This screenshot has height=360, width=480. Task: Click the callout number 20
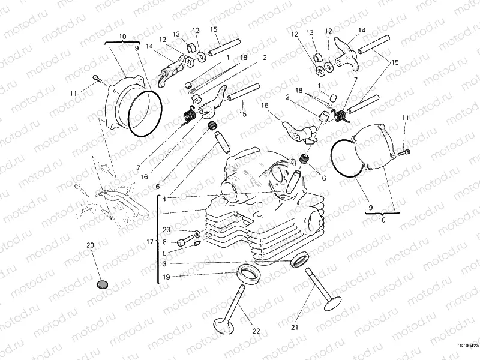click(91, 245)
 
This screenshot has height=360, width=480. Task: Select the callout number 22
click(256, 331)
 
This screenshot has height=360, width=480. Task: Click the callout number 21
click(295, 328)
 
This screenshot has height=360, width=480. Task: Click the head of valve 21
click(332, 303)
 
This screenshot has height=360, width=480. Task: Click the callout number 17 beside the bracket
click(149, 242)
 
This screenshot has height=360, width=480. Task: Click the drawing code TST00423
click(467, 346)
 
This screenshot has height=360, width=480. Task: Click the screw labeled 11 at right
click(407, 154)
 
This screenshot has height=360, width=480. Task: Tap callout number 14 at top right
click(362, 30)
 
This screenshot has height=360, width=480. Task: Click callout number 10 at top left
click(122, 37)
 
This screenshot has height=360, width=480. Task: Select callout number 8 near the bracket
click(164, 242)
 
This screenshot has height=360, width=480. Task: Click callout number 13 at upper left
click(177, 34)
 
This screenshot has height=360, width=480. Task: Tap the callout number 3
click(164, 263)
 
